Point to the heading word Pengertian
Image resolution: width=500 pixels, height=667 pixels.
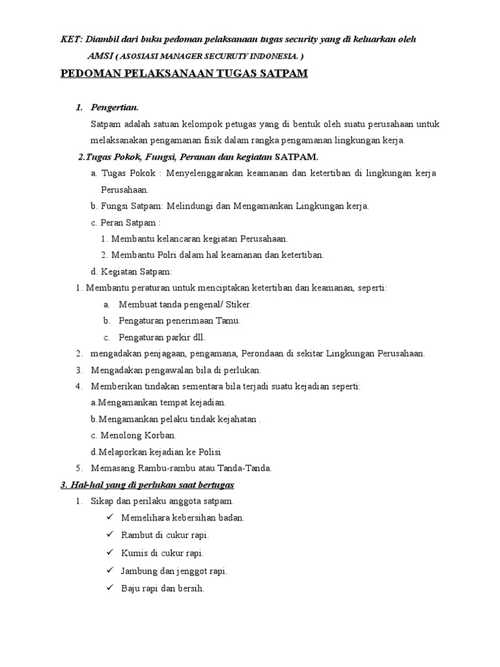(115, 107)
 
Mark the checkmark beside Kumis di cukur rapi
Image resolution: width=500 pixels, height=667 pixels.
(109, 552)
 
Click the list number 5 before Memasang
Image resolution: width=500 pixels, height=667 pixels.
(79, 468)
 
